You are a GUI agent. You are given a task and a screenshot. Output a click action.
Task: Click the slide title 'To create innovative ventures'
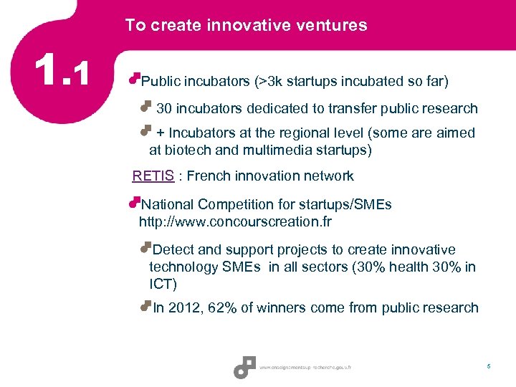click(x=246, y=26)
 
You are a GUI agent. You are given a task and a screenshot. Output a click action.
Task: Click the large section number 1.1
click(x=64, y=71)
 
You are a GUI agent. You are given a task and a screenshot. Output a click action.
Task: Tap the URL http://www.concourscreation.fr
click(x=235, y=221)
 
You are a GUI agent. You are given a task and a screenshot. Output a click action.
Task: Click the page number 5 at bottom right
click(x=489, y=367)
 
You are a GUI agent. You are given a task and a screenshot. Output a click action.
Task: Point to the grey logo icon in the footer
click(x=245, y=367)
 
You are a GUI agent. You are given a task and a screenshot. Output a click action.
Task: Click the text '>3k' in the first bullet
click(x=272, y=81)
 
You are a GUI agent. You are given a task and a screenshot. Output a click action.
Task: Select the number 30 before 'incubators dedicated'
click(x=164, y=108)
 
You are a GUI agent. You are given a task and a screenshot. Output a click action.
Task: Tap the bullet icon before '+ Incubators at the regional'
click(x=145, y=130)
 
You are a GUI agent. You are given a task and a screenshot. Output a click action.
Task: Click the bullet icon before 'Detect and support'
click(x=146, y=248)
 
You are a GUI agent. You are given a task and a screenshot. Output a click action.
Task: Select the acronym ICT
click(x=163, y=284)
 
